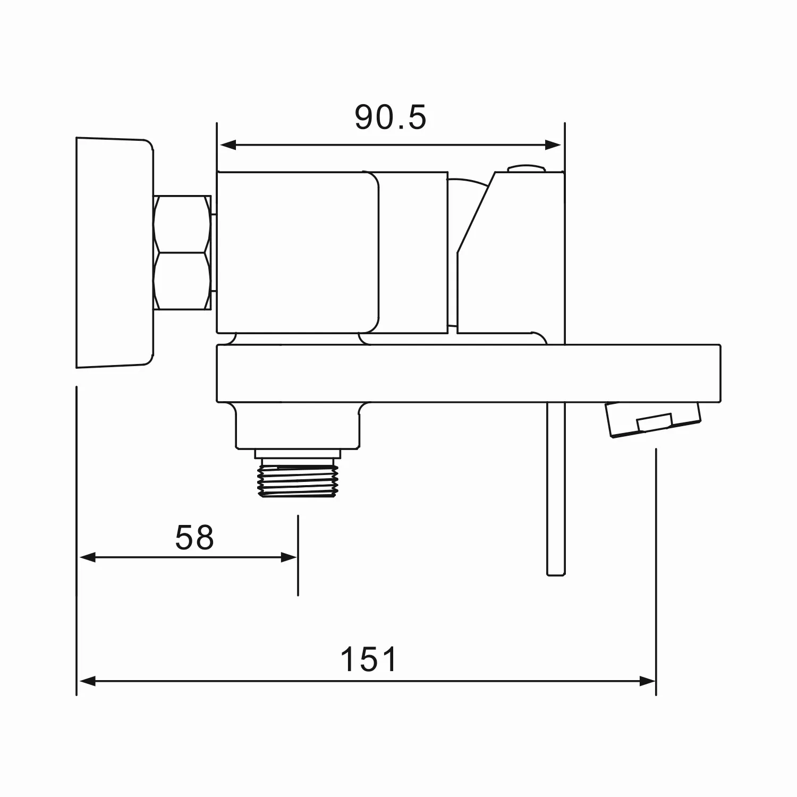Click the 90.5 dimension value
(391, 117)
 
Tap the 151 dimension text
(368, 659)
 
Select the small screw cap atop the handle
(526, 168)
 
